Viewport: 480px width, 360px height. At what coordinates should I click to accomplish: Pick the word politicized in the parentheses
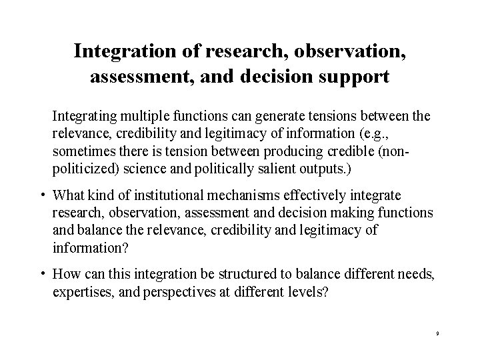click(x=81, y=167)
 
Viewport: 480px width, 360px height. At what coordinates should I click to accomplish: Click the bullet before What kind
click(x=42, y=196)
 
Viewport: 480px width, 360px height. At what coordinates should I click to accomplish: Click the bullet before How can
click(x=42, y=274)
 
